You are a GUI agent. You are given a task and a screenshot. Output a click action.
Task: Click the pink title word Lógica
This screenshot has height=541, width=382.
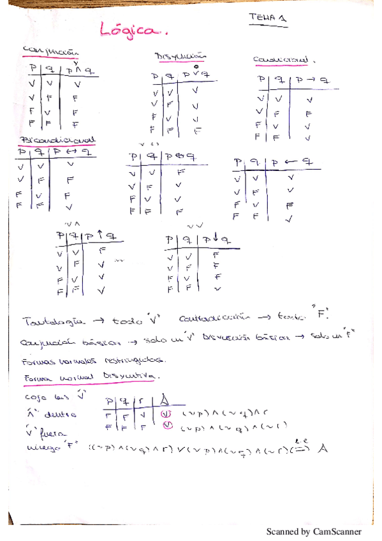pyautogui.click(x=130, y=30)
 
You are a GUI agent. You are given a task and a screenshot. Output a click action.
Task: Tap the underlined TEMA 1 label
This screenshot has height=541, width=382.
pyautogui.click(x=267, y=20)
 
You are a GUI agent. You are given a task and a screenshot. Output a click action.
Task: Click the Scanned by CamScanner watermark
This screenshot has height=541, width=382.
pyautogui.click(x=313, y=531)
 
